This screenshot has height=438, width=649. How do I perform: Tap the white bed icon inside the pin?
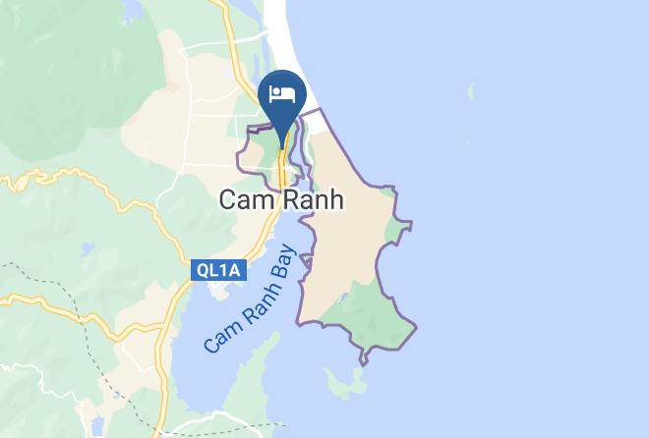pyautogui.click(x=282, y=94)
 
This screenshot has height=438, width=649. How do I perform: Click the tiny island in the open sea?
pyautogui.click(x=471, y=93)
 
